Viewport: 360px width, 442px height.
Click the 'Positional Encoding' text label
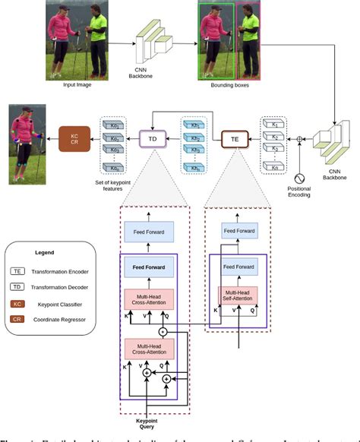coord(303,191)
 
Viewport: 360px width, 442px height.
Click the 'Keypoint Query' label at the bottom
coord(146,423)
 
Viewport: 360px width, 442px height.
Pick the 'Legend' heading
coord(47,252)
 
